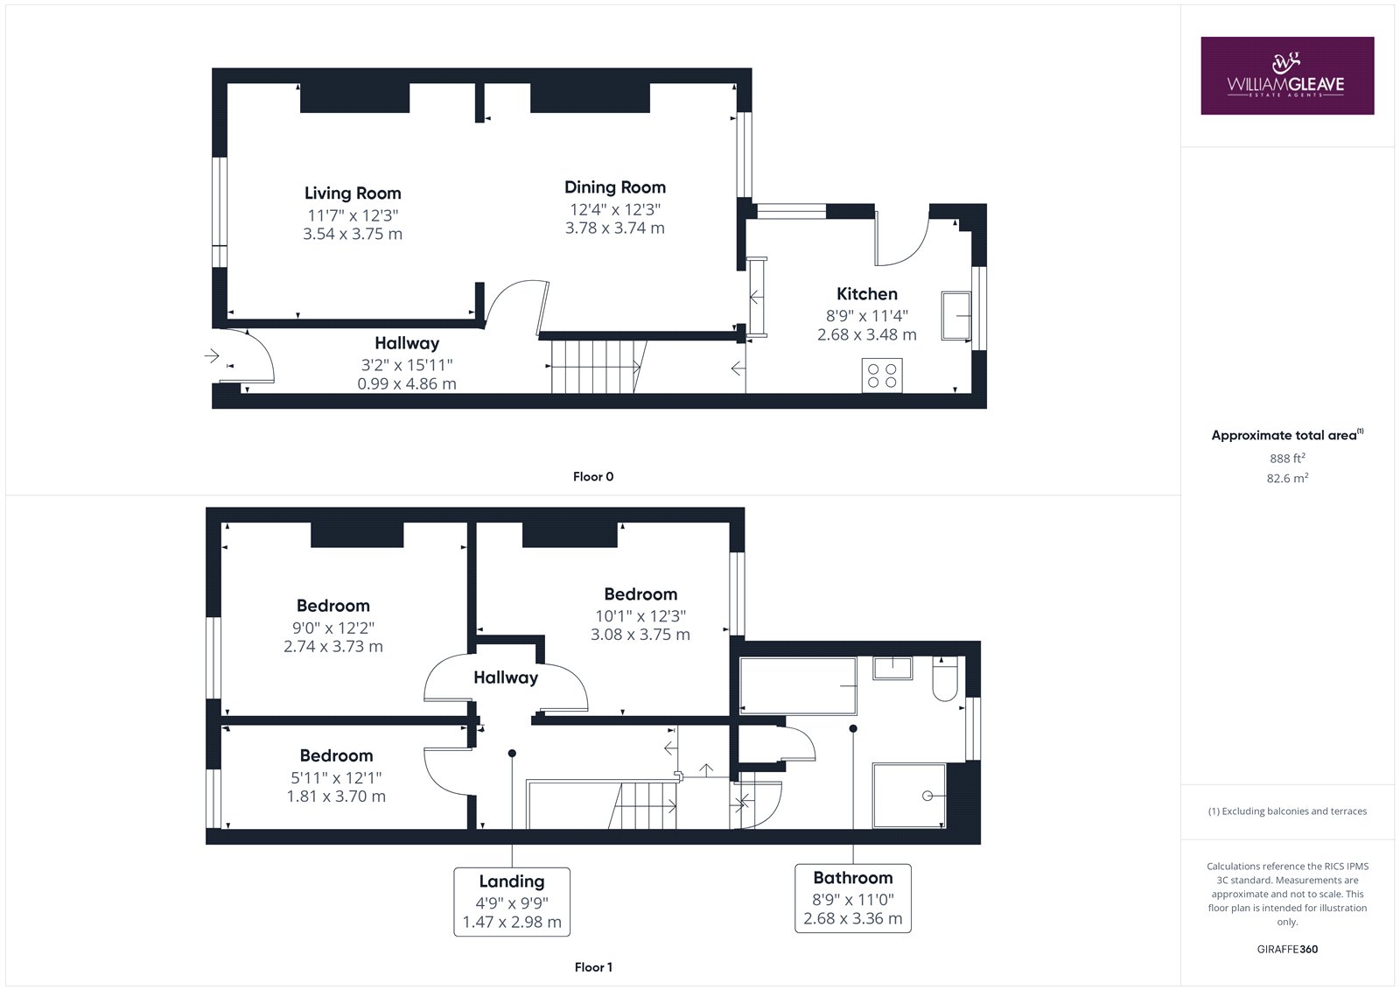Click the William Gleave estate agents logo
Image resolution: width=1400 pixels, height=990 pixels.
(1287, 75)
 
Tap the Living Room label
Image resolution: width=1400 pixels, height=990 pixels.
(353, 193)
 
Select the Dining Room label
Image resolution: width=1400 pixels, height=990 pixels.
(615, 187)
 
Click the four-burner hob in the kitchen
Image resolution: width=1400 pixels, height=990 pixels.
(882, 376)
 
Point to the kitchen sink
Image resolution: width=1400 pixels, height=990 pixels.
(956, 316)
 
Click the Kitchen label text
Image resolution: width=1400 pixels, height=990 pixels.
(867, 294)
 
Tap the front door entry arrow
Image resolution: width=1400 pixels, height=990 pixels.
(212, 356)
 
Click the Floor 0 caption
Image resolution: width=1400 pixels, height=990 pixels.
(593, 476)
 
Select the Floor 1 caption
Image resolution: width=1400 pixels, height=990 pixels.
(593, 967)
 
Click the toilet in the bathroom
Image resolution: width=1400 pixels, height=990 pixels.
(945, 678)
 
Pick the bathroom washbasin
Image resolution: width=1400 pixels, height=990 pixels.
(892, 668)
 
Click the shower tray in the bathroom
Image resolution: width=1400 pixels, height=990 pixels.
(909, 796)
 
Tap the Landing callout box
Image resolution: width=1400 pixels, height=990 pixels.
(512, 902)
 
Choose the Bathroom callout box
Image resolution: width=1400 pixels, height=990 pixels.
(853, 899)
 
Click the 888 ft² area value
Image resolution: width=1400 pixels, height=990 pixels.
(1287, 458)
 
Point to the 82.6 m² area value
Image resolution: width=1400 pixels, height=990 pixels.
(1287, 479)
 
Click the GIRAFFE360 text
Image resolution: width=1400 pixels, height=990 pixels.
(1287, 950)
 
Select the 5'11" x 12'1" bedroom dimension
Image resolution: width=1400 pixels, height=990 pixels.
(336, 778)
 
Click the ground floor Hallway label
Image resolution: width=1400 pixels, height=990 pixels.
(407, 343)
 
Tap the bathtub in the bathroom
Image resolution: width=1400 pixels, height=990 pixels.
(798, 686)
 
